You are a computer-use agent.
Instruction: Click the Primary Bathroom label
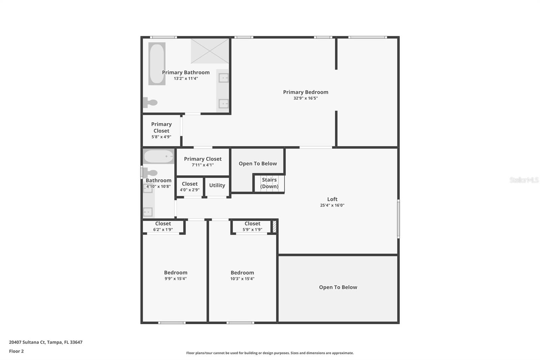pos(186,72)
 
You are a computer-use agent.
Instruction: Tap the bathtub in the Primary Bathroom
pos(157,64)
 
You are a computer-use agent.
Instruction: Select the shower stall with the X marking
pos(210,51)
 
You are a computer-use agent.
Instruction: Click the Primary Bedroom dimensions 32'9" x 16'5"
pos(305,98)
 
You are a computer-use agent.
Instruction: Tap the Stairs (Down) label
pos(269,183)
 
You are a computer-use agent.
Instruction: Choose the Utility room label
pos(217,185)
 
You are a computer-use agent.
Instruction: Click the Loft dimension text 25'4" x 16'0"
pos(332,205)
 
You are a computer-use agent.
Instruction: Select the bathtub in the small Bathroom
pos(158,156)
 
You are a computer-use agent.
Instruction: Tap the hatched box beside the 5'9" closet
pos(274,227)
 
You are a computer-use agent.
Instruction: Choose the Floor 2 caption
pos(17,351)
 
